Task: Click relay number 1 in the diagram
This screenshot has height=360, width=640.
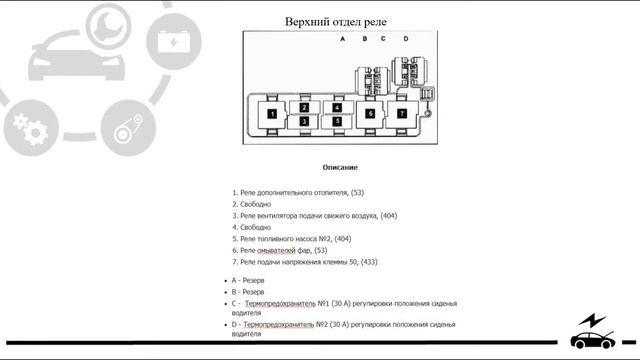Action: pyautogui.click(x=271, y=115)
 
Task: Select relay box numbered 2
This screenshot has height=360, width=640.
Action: pyautogui.click(x=304, y=108)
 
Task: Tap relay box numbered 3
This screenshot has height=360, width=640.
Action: pyautogui.click(x=304, y=122)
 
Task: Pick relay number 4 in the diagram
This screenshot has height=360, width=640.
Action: pyautogui.click(x=338, y=108)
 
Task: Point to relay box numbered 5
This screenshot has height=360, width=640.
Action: pyautogui.click(x=338, y=122)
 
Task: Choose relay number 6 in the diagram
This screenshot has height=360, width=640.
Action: pyautogui.click(x=370, y=114)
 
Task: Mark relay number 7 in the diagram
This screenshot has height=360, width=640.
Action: pyautogui.click(x=402, y=114)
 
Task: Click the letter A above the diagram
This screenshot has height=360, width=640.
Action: pyautogui.click(x=342, y=39)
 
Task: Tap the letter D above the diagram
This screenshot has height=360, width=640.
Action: pyautogui.click(x=405, y=39)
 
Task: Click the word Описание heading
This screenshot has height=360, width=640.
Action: pyautogui.click(x=340, y=167)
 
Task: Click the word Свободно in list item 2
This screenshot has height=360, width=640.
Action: pyautogui.click(x=258, y=203)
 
